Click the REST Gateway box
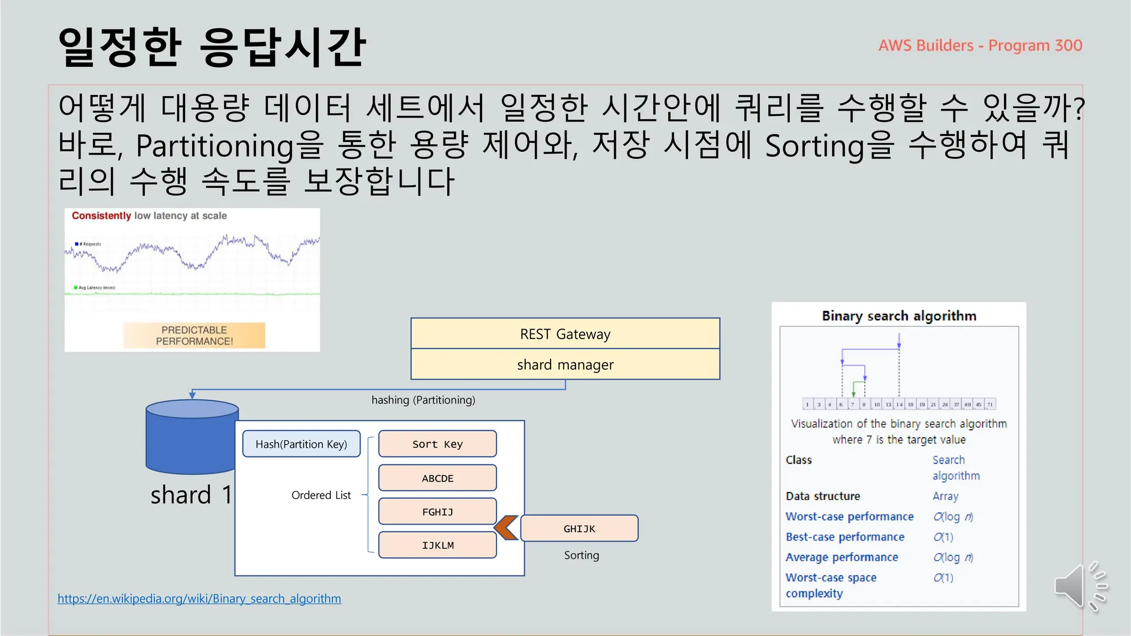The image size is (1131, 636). point(565,333)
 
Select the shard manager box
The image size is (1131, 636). point(565,364)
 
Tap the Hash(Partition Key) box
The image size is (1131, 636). point(301,444)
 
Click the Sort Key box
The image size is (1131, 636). point(437,444)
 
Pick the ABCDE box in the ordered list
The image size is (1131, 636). point(437,478)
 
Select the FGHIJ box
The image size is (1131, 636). point(437,512)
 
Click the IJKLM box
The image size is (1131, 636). point(437,545)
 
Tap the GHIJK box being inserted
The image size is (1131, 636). point(579,528)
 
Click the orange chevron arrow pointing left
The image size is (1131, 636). point(506,528)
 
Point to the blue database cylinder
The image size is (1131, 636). point(192,436)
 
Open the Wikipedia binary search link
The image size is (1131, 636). point(199,598)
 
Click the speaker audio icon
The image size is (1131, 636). point(1080,587)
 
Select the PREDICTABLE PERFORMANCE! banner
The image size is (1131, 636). point(194,336)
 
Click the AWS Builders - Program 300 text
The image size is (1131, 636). point(980,45)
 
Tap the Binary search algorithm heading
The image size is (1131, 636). point(899,316)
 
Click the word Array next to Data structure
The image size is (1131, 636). point(945,496)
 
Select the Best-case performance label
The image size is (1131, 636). point(845,537)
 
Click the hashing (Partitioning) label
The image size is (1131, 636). point(423,400)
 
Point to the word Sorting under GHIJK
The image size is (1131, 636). point(581,555)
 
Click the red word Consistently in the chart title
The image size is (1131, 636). point(101,216)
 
